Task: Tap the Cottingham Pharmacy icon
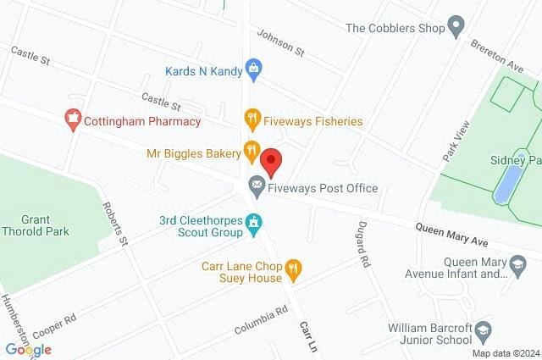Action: point(73,120)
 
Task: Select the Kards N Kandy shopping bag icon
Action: point(252,67)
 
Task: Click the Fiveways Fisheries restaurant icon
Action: point(252,120)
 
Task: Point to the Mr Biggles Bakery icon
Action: point(252,152)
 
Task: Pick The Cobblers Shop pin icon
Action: point(456,27)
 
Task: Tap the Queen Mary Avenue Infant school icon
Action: point(513,269)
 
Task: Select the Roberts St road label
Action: point(114,224)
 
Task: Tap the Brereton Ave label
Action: point(504,46)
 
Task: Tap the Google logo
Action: point(28,349)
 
